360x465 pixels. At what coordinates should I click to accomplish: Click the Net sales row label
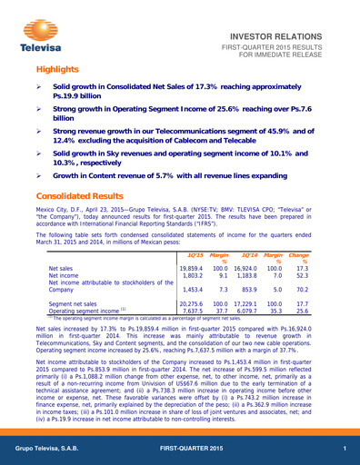61,270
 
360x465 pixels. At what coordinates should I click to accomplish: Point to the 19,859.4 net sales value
191,270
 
